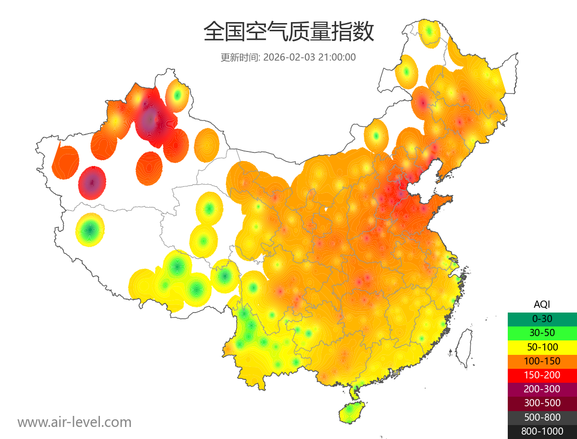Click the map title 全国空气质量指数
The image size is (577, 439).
pos(288,32)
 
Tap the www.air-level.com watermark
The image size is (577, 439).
pos(75,422)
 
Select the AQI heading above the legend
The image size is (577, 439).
pos(542,304)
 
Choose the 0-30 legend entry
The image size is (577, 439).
pos(542,318)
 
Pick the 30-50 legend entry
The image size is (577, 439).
pos(542,332)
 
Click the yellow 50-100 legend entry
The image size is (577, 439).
pos(542,347)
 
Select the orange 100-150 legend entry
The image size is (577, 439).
pos(542,361)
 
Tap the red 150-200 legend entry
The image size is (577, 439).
pos(542,375)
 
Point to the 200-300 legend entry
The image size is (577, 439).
pos(542,389)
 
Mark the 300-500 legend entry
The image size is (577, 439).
pos(542,403)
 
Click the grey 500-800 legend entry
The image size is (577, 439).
pos(542,417)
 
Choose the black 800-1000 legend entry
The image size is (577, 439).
pos(542,431)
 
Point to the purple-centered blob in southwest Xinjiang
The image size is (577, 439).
pos(92,183)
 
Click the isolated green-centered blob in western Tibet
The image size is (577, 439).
pos(90,230)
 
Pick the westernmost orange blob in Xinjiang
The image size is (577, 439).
pos(65,163)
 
